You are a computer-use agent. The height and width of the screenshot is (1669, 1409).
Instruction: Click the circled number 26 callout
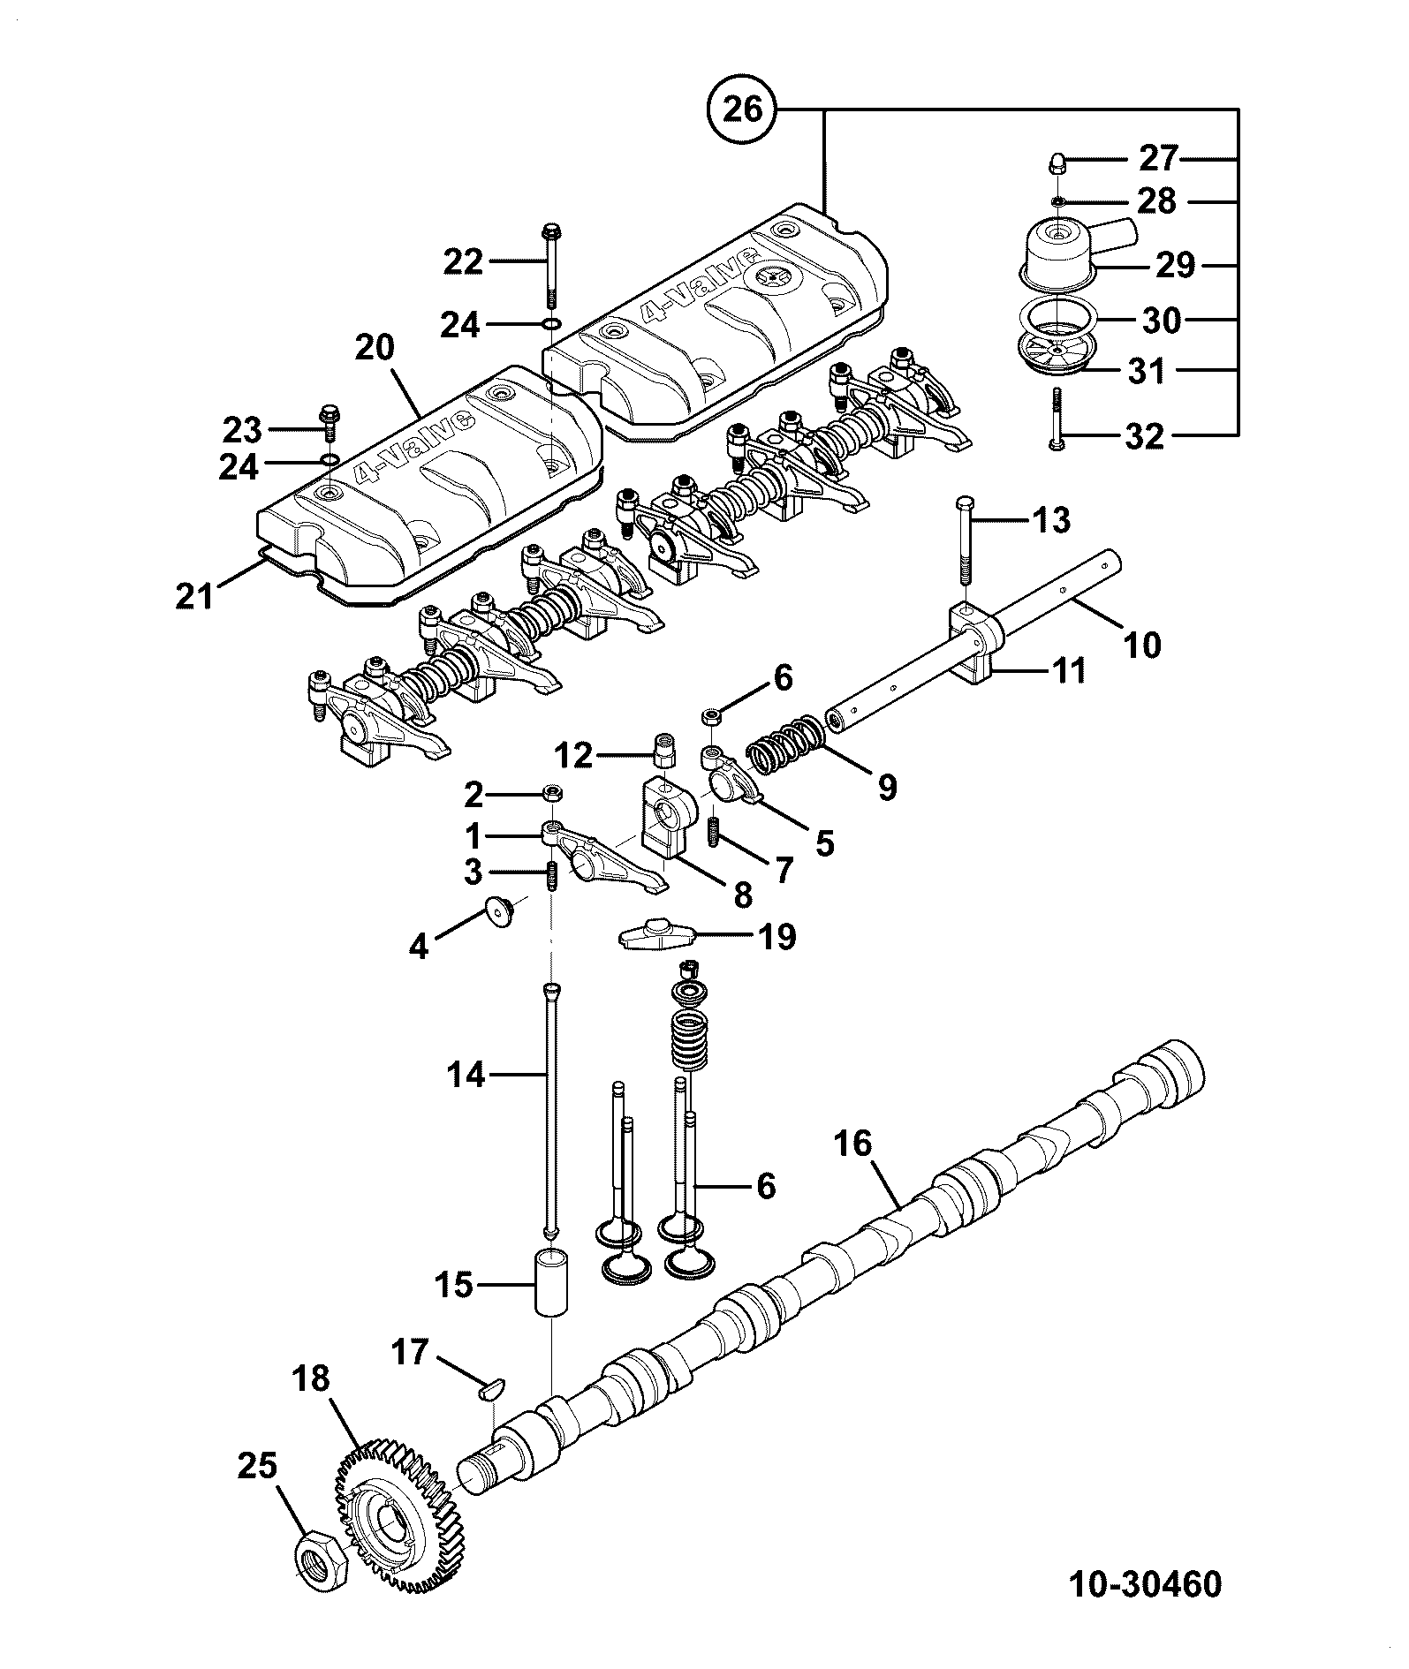pos(742,110)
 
